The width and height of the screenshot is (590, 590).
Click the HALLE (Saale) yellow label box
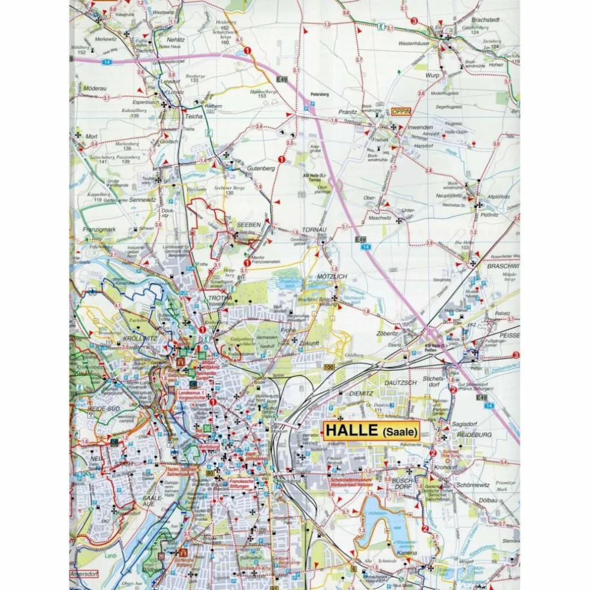pyautogui.click(x=372, y=431)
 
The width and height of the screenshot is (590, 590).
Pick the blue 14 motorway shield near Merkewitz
pyautogui.click(x=107, y=61)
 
